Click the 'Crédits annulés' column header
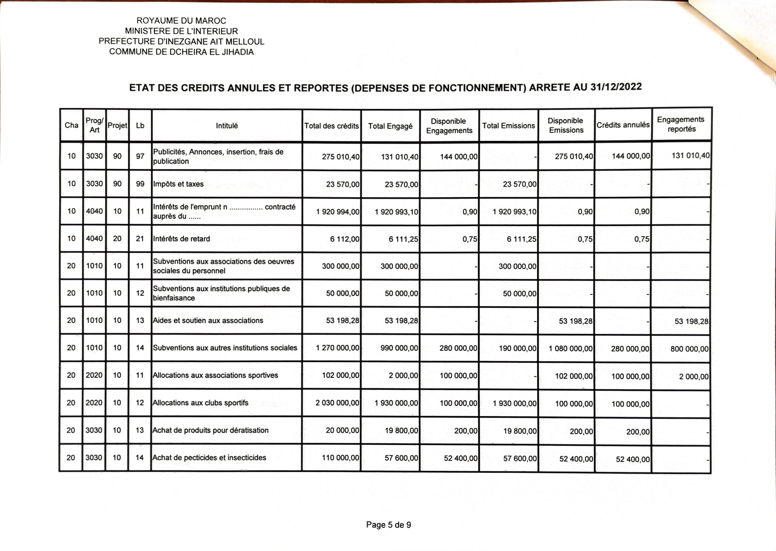pyautogui.click(x=623, y=125)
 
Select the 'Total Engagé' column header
pyautogui.click(x=390, y=126)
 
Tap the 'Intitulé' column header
pyautogui.click(x=227, y=126)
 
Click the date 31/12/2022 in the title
pyautogui.click(x=616, y=87)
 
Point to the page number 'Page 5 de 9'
pyautogui.click(x=388, y=525)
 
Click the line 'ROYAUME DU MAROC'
pyautogui.click(x=181, y=21)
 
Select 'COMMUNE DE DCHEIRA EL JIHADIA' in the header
pyautogui.click(x=181, y=52)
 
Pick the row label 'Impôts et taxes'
pyautogui.click(x=178, y=184)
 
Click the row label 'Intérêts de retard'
pyautogui.click(x=181, y=239)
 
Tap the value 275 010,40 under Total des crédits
pyautogui.click(x=340, y=157)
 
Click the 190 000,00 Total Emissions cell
pyautogui.click(x=517, y=348)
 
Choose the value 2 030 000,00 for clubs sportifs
pyautogui.click(x=337, y=403)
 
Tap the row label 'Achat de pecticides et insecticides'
pyautogui.click(x=209, y=458)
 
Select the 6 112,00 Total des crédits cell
pyautogui.click(x=345, y=239)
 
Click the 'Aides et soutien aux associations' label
pyautogui.click(x=208, y=321)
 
